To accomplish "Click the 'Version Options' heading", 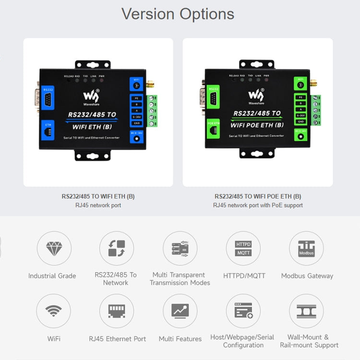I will click(x=178, y=13).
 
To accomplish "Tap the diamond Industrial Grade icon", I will click(x=54, y=249).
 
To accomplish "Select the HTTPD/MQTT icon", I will click(x=243, y=249).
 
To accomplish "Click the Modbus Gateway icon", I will click(x=306, y=249).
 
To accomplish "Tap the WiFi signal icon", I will click(x=54, y=311).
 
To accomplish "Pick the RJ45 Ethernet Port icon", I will click(x=117, y=311).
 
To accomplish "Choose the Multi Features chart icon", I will click(x=180, y=311).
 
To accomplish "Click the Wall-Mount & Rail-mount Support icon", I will click(x=306, y=311).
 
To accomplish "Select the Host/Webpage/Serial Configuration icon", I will click(x=243, y=311).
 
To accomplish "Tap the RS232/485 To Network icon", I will click(x=117, y=249).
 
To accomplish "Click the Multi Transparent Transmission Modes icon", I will click(x=180, y=249).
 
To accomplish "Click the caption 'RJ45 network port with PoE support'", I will click(x=258, y=205).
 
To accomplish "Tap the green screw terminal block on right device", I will click(x=316, y=110).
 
